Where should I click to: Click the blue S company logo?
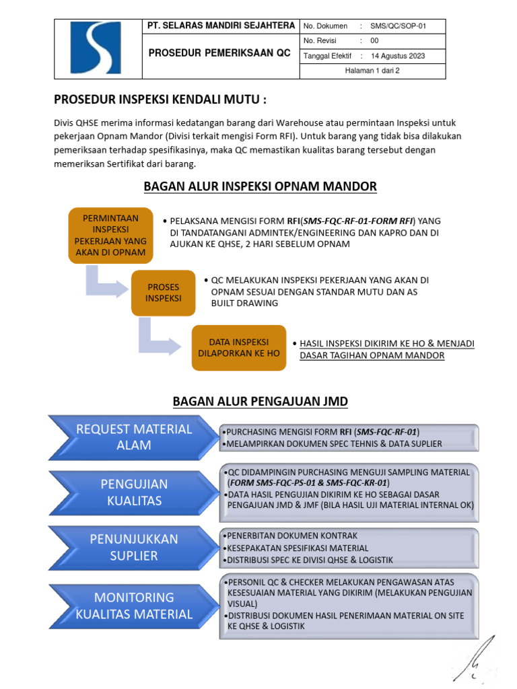pyautogui.click(x=96, y=48)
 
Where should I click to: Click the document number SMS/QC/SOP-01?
pyautogui.click(x=403, y=26)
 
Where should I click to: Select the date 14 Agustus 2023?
pyautogui.click(x=398, y=56)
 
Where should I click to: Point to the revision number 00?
pyautogui.click(x=375, y=41)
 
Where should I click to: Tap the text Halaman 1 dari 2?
pyautogui.click(x=372, y=71)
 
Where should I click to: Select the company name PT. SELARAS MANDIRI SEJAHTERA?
pyautogui.click(x=221, y=26)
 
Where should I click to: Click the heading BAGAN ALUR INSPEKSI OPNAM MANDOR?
pyautogui.click(x=260, y=186)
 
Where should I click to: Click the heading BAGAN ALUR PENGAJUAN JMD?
pyautogui.click(x=260, y=402)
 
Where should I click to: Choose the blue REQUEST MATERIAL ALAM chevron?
pyautogui.click(x=131, y=437)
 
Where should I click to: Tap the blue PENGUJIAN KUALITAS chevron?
pyautogui.click(x=131, y=492)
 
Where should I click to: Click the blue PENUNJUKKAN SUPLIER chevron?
pyautogui.click(x=131, y=547)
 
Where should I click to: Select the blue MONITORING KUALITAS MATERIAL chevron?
pyautogui.click(x=131, y=605)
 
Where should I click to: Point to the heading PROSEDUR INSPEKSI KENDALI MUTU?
pyautogui.click(x=160, y=100)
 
